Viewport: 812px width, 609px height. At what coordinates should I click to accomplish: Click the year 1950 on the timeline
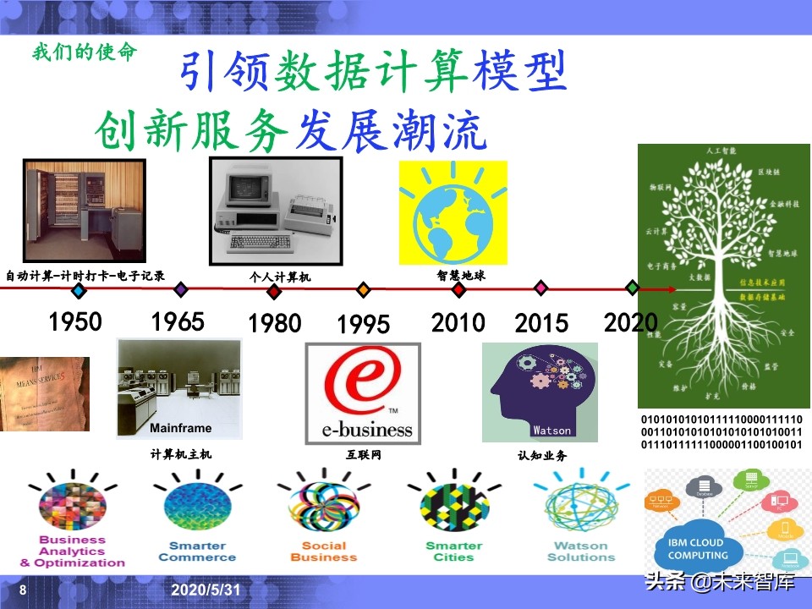click(75, 321)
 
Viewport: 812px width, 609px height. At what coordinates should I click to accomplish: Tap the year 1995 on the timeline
click(364, 325)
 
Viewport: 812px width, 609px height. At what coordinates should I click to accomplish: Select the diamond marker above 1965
click(180, 290)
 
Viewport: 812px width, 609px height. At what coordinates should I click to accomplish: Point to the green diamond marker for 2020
click(633, 288)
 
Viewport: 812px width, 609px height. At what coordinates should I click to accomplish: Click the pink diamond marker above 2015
click(541, 288)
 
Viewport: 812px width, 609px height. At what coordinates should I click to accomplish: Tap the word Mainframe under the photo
click(181, 427)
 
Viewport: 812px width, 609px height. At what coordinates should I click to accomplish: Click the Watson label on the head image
click(551, 430)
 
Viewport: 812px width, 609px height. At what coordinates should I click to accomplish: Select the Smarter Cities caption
click(453, 551)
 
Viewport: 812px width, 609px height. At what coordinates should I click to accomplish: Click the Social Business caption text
click(324, 551)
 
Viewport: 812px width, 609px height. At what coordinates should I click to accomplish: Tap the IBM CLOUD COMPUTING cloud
click(697, 548)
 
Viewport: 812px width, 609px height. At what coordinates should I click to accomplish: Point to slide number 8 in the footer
click(23, 589)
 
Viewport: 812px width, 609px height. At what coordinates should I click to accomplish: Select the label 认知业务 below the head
click(542, 455)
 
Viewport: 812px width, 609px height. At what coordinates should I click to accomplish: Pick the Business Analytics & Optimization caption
click(73, 551)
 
